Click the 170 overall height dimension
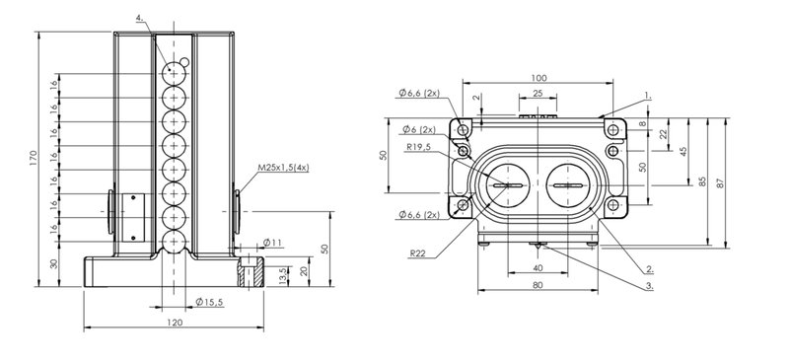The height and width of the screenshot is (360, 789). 34,159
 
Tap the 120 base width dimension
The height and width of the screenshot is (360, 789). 175,323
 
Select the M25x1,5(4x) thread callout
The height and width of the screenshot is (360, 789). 283,168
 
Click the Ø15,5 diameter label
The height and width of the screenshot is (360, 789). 209,302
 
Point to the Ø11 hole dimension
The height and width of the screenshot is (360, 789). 272,243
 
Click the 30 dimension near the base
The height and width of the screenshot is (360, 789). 54,263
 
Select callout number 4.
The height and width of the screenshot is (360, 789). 140,19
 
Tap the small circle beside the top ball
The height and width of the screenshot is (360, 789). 184,62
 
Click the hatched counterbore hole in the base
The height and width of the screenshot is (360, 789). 250,272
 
